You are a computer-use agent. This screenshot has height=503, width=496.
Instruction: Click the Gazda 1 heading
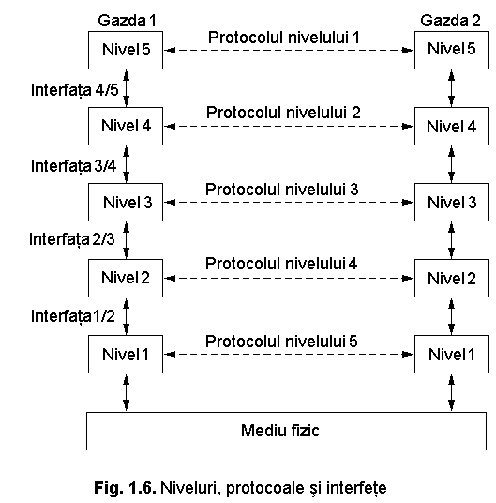click(x=128, y=21)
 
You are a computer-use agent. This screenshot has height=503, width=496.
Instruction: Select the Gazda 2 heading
click(x=450, y=21)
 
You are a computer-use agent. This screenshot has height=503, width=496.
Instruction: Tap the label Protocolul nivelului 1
click(x=284, y=38)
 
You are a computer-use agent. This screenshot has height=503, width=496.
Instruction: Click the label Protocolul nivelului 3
click(x=282, y=190)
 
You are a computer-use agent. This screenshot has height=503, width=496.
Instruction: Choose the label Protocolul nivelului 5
click(x=281, y=341)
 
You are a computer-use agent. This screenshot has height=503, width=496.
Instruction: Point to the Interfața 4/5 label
click(x=75, y=90)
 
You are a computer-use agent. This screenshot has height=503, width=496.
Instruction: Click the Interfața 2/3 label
click(x=72, y=239)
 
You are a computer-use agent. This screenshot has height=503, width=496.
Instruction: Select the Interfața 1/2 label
click(x=73, y=316)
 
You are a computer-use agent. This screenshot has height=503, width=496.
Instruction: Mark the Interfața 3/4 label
click(x=74, y=166)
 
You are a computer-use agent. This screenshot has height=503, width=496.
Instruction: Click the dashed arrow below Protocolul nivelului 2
click(x=289, y=126)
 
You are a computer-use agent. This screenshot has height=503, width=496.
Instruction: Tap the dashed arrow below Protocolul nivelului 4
click(x=289, y=278)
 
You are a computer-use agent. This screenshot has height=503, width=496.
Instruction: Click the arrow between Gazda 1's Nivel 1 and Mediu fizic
click(x=127, y=392)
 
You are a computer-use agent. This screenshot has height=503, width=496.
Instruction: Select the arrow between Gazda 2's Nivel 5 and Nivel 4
click(x=451, y=88)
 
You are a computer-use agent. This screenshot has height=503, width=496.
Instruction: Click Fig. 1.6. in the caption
click(x=125, y=488)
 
